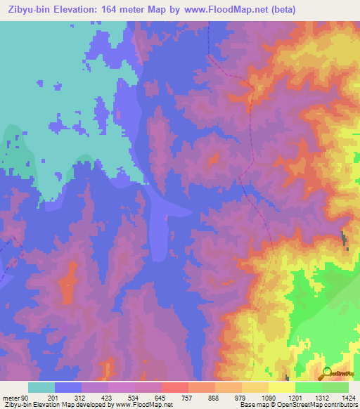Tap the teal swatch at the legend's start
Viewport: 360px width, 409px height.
[x=41, y=387]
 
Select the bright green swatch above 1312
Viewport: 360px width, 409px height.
[x=309, y=387]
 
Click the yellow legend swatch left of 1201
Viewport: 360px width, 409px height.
[x=282, y=387]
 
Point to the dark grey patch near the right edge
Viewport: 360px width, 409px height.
[x=344, y=239]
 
